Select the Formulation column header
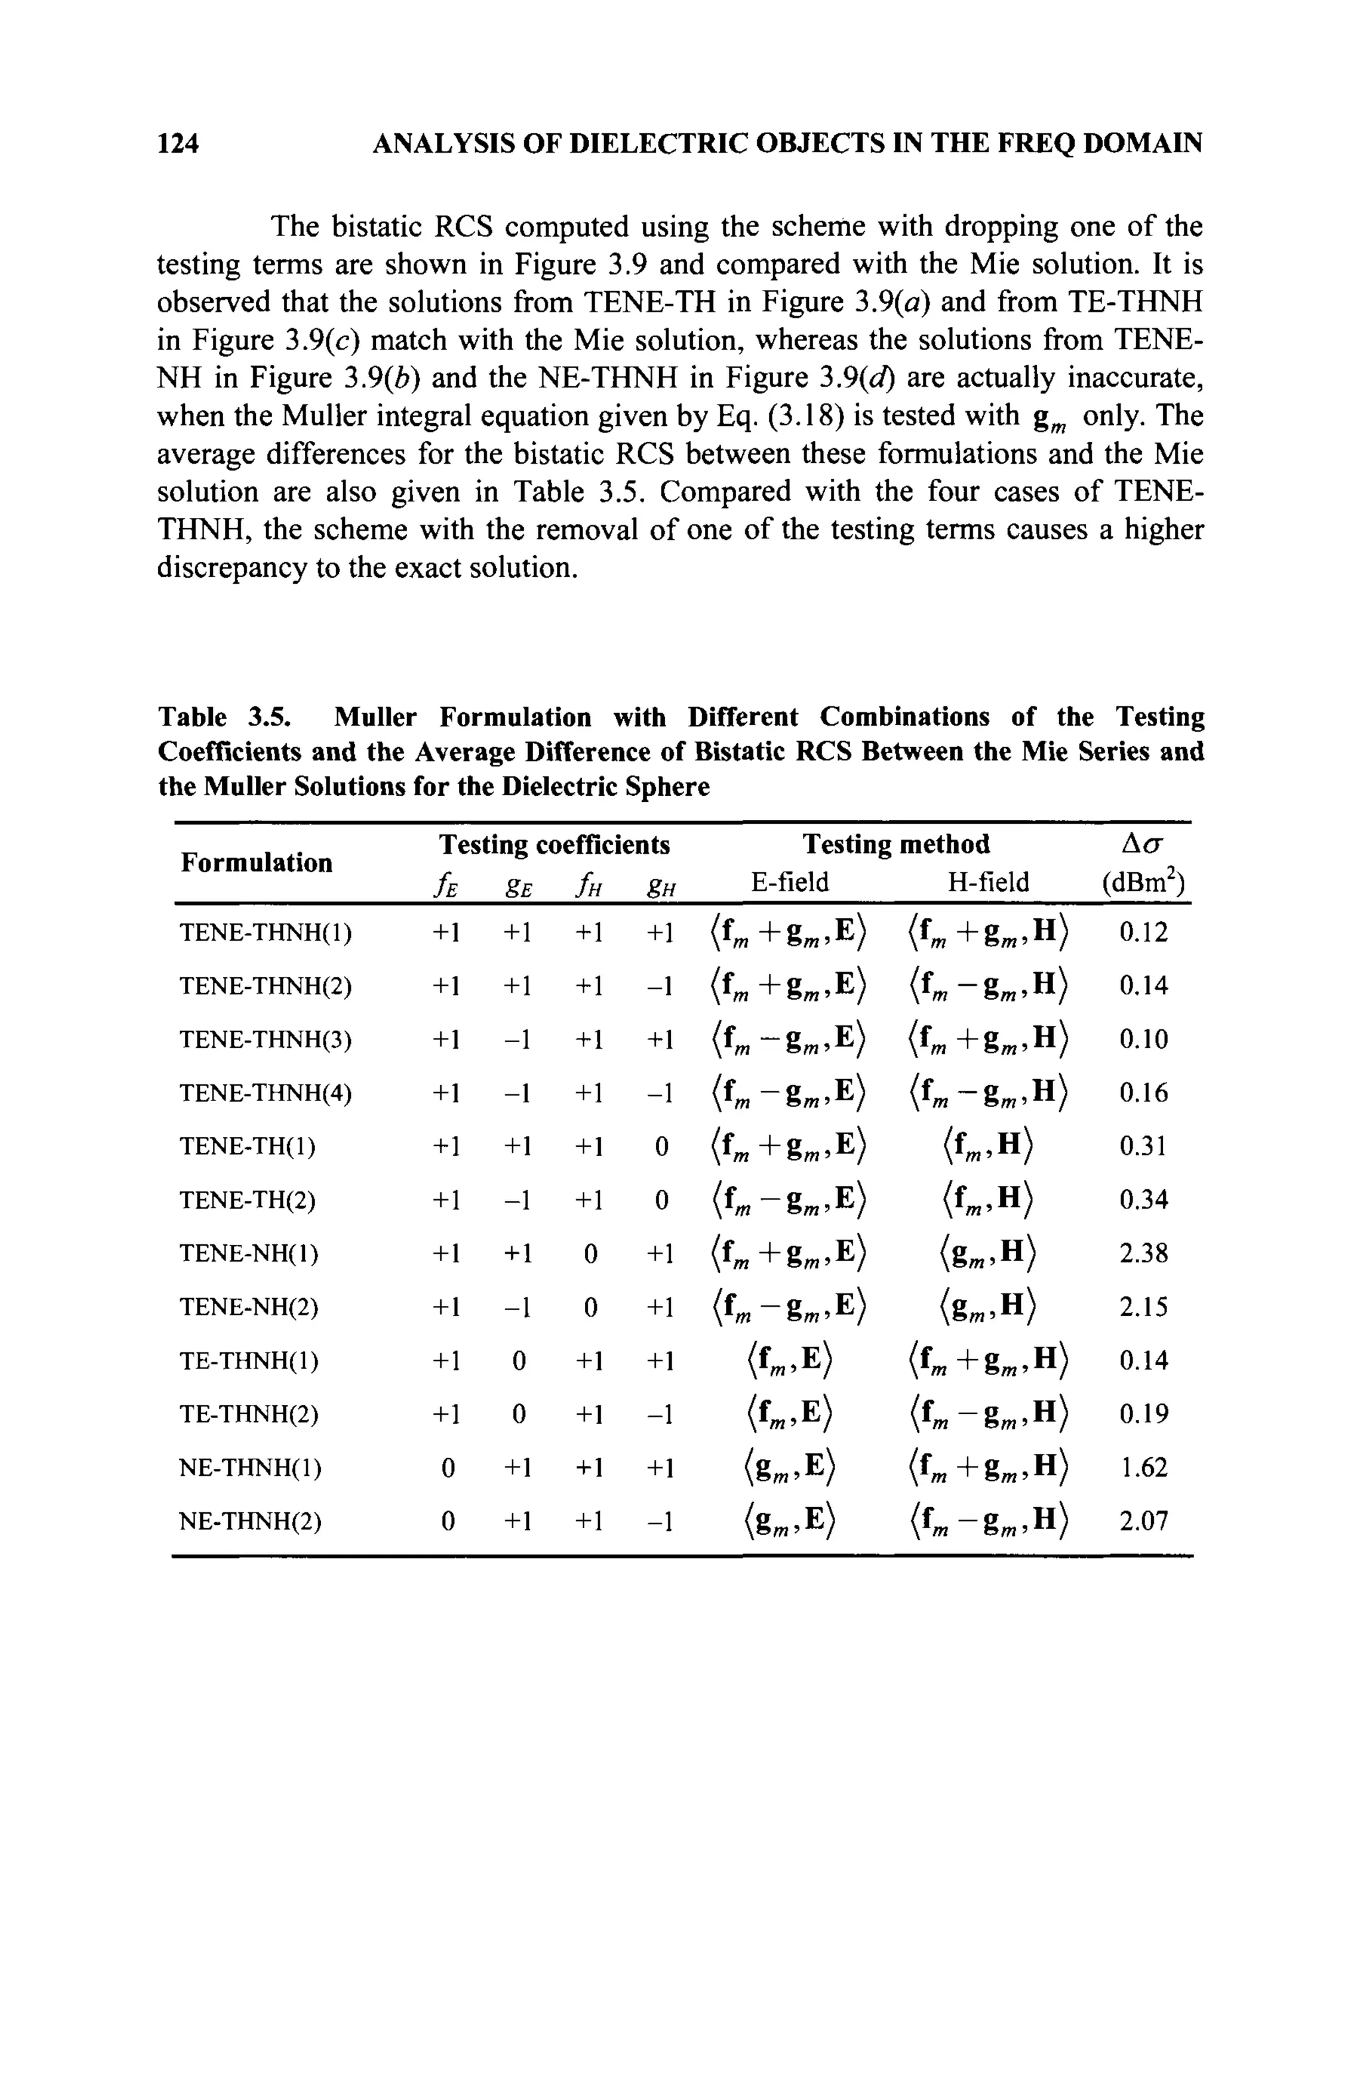pos(257,862)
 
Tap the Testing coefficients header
pos(554,844)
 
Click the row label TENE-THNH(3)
pos(266,1040)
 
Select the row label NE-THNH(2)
pos(251,1521)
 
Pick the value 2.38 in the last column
pos(1143,1253)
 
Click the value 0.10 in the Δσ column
pos(1143,1040)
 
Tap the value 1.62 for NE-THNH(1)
pos(1143,1468)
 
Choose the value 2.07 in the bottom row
pos(1143,1521)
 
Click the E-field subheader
pos(790,882)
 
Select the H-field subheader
pos(988,882)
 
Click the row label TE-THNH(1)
pos(249,1361)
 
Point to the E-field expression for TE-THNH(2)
pos(789,1415)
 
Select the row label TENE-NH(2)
pos(249,1307)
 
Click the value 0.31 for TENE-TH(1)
pos(1143,1146)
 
